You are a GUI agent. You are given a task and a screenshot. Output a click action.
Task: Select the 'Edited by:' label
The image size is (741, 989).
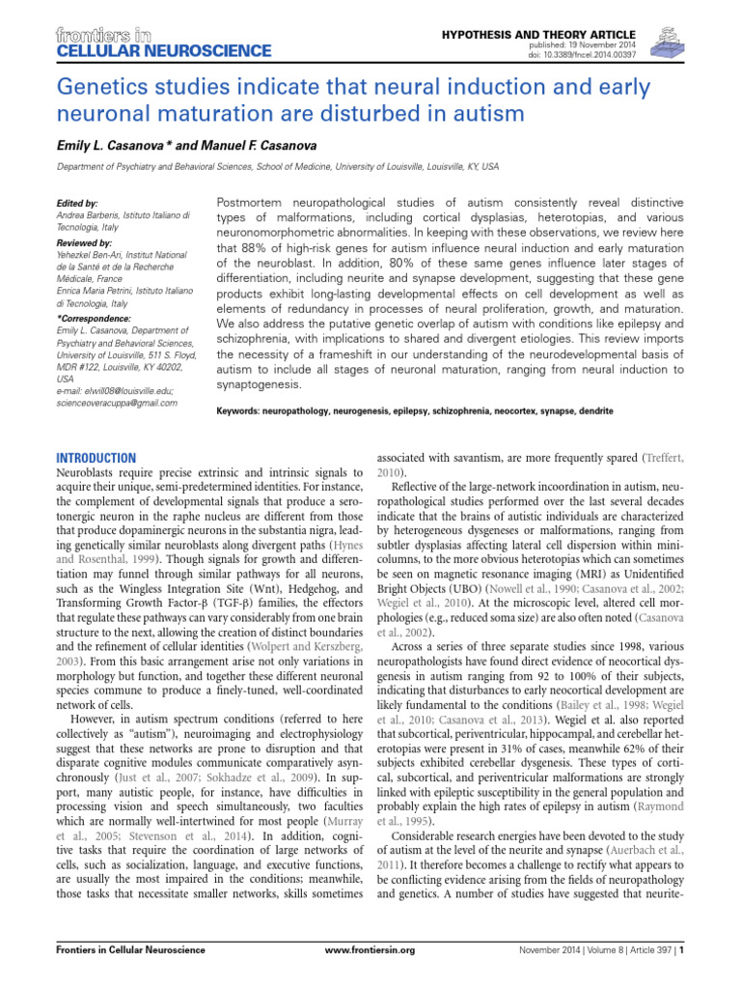(79, 204)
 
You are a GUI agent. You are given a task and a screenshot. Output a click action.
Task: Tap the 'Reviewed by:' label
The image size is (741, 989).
(86, 242)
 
